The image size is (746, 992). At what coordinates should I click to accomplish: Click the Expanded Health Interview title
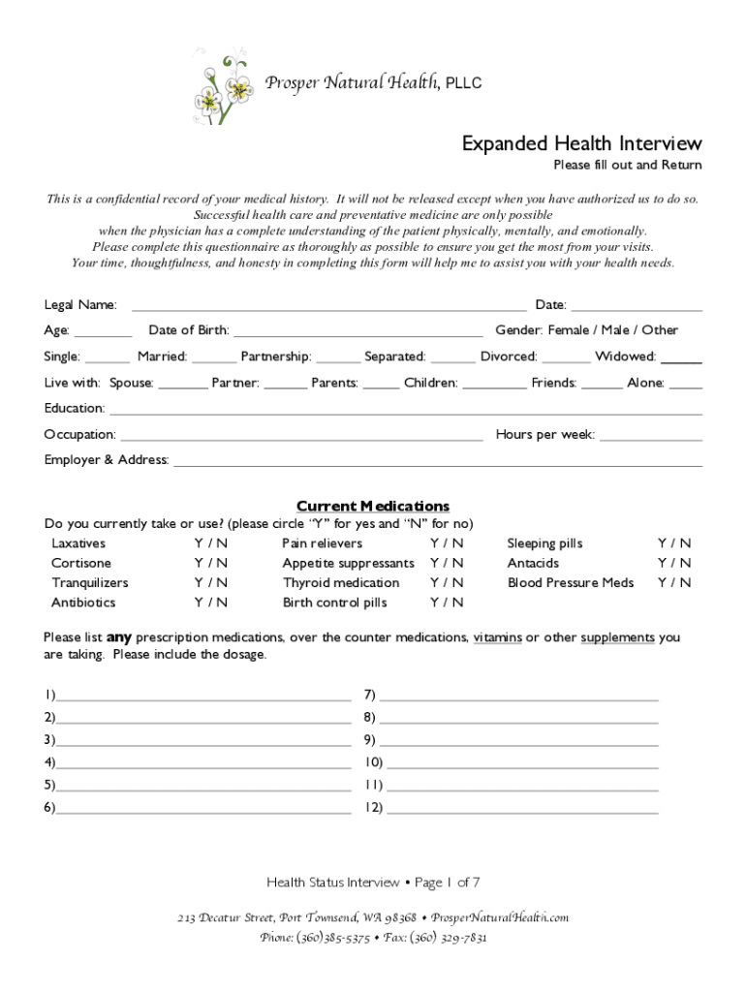click(x=581, y=143)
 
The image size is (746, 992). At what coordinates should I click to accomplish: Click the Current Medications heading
click(x=372, y=506)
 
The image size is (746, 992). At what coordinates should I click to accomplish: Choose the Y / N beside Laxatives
click(x=210, y=543)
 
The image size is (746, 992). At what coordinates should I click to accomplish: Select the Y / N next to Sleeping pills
click(x=674, y=543)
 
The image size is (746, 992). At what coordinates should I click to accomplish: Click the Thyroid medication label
click(x=341, y=582)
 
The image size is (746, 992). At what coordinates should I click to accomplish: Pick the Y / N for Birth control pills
click(x=447, y=603)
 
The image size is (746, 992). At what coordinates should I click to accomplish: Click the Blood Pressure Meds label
click(x=571, y=582)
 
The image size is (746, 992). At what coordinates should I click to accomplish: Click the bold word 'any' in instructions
click(x=118, y=637)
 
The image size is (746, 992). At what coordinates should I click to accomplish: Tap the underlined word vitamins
click(x=497, y=637)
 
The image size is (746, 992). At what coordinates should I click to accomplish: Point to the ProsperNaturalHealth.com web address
click(x=500, y=916)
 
